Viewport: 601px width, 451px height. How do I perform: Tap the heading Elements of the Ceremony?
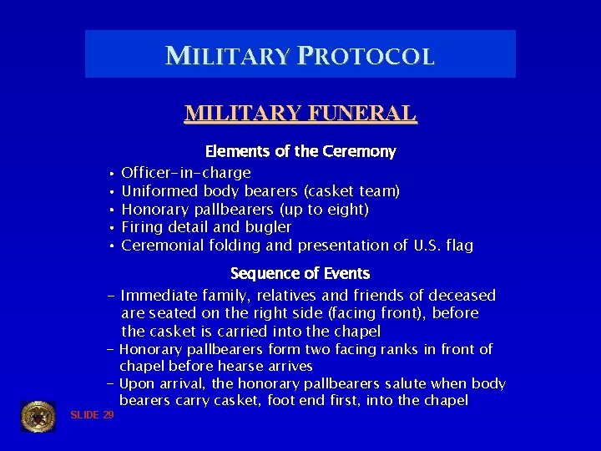[300, 152]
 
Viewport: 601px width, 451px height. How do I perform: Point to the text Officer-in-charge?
[185, 173]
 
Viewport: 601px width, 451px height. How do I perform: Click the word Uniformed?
[155, 191]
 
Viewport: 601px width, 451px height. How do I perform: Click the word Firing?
[140, 227]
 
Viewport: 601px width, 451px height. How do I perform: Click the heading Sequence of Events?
[300, 274]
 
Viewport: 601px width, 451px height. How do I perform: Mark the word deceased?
[462, 296]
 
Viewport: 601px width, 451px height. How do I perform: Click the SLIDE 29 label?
[92, 415]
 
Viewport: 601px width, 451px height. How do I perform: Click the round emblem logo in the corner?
[38, 416]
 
